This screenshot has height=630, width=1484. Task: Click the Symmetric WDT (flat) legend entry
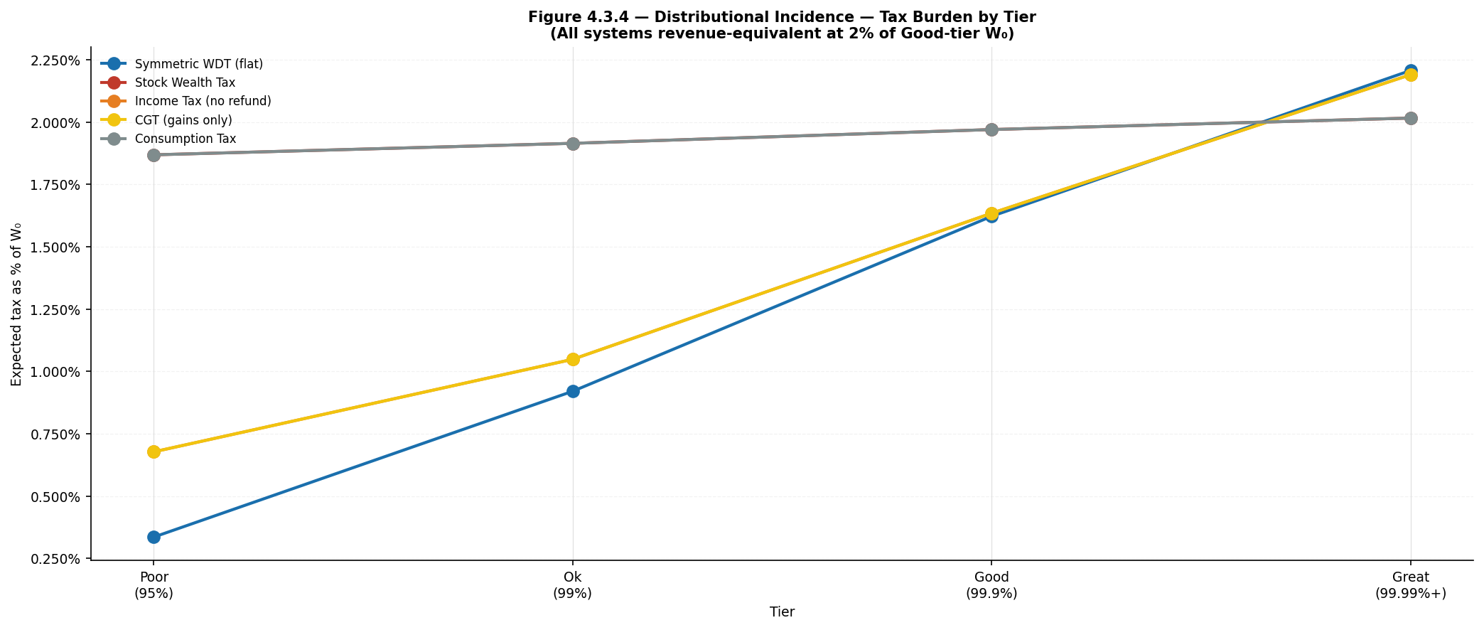pyautogui.click(x=182, y=64)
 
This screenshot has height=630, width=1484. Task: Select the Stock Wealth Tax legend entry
pyautogui.click(x=168, y=82)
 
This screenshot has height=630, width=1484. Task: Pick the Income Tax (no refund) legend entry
pyautogui.click(x=186, y=101)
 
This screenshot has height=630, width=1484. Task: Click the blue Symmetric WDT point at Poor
pyautogui.click(x=154, y=537)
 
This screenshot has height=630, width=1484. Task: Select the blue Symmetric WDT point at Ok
pyautogui.click(x=573, y=391)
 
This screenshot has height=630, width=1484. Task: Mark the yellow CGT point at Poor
pyautogui.click(x=154, y=452)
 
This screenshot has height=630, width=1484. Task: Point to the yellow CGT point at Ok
pyautogui.click(x=573, y=359)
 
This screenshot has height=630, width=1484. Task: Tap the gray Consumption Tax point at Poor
pyautogui.click(x=154, y=155)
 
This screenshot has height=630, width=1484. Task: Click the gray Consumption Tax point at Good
pyautogui.click(x=991, y=129)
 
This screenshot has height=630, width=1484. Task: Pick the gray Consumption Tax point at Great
pyautogui.click(x=1411, y=118)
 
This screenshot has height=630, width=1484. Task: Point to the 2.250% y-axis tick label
pyautogui.click(x=56, y=60)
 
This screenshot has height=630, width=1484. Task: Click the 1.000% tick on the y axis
pyautogui.click(x=56, y=372)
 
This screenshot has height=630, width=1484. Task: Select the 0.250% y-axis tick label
pyautogui.click(x=56, y=559)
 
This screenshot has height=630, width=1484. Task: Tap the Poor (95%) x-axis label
pyautogui.click(x=154, y=585)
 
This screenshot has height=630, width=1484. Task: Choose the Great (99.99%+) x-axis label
pyautogui.click(x=1411, y=585)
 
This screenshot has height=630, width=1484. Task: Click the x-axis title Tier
pyautogui.click(x=782, y=612)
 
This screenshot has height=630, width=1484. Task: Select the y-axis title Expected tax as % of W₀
pyautogui.click(x=17, y=304)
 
